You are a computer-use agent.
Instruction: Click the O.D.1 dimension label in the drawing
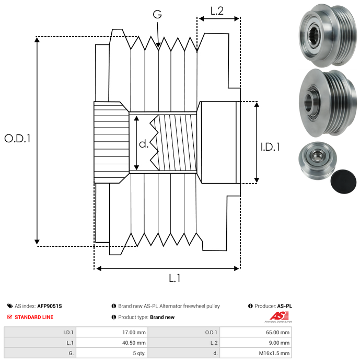18,139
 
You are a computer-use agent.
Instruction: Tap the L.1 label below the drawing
175,279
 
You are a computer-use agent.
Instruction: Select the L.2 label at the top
217,11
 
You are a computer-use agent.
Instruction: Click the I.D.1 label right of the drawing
270,148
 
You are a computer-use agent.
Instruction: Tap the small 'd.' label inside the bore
144,145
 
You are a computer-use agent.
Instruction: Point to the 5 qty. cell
138,353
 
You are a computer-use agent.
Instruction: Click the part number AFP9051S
50,306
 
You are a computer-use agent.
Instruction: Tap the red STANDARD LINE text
34,317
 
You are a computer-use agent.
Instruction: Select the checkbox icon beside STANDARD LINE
9,317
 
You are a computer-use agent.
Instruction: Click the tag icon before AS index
9,306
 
